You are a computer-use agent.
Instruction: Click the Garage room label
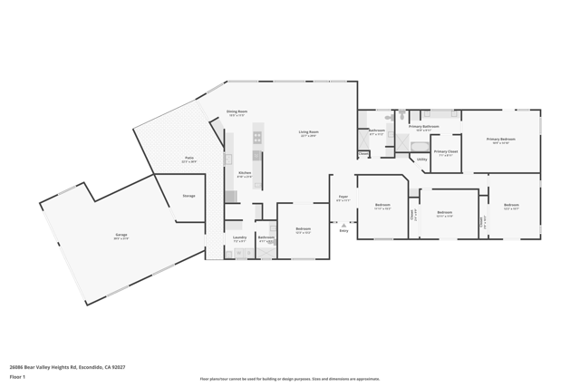coord(121,235)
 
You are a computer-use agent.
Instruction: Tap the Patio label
coord(189,159)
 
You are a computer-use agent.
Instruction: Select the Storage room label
coord(188,196)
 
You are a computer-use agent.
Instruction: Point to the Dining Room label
coord(237,112)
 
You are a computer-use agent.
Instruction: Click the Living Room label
coord(309,132)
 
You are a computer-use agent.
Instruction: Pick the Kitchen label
coord(245,173)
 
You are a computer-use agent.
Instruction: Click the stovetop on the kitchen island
coord(257,137)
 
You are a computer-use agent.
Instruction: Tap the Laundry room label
coord(239,238)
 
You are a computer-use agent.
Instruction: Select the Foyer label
coord(343,197)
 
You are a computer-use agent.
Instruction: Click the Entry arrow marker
coord(343,225)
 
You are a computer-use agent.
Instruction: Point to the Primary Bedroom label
coord(500,140)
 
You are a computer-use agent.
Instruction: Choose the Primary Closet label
coord(446,152)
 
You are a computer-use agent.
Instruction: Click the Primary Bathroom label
coord(423,127)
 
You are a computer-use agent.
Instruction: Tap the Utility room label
coord(422,160)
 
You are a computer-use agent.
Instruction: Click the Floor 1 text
coord(18,376)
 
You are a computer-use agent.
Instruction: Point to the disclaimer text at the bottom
coord(290,379)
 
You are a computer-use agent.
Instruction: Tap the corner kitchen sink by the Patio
coord(228,159)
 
